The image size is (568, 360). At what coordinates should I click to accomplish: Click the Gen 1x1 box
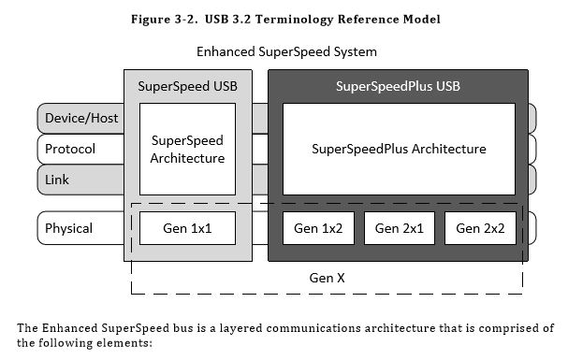click(187, 227)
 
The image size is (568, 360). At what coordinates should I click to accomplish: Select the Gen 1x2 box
click(318, 227)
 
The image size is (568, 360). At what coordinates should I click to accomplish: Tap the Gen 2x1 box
click(399, 227)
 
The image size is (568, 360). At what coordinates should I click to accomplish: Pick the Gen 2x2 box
click(479, 227)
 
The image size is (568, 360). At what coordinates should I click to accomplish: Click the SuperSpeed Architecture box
click(187, 149)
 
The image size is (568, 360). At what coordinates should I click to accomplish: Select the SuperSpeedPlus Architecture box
click(399, 149)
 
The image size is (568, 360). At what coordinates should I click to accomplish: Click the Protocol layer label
click(70, 149)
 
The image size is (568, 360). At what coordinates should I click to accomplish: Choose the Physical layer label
click(70, 227)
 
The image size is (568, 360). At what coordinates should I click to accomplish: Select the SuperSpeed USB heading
click(187, 87)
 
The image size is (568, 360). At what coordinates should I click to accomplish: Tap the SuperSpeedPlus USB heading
click(399, 87)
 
